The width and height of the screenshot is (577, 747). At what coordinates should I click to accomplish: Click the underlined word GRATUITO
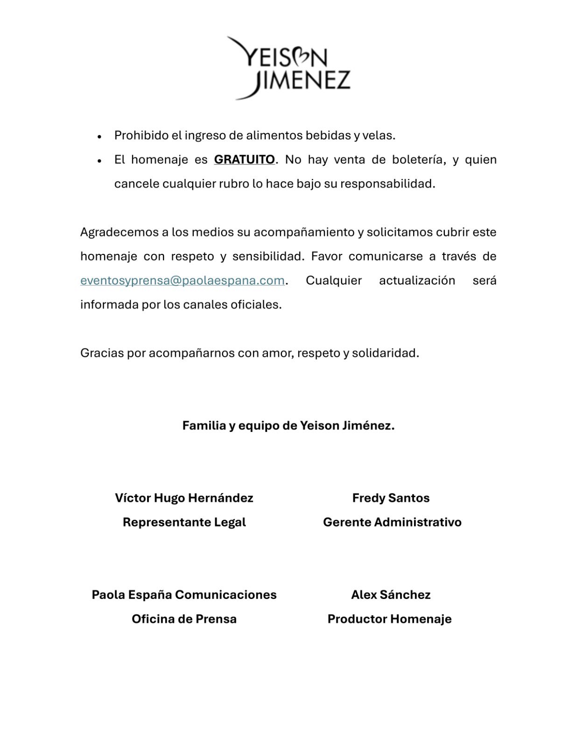[x=244, y=160]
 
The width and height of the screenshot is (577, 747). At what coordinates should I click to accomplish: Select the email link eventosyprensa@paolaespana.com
[x=182, y=281]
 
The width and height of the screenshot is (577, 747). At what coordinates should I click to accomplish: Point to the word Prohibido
[x=140, y=135]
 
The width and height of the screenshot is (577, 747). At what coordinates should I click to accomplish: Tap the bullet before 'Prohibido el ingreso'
[x=99, y=136]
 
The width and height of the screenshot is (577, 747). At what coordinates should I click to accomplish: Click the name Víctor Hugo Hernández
[x=184, y=498]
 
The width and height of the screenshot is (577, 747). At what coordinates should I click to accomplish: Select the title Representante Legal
[x=184, y=522]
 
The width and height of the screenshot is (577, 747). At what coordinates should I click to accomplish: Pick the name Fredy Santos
[x=391, y=498]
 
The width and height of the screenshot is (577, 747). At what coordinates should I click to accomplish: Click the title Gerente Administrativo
[x=392, y=522]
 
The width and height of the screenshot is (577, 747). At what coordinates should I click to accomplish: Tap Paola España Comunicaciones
[x=184, y=595]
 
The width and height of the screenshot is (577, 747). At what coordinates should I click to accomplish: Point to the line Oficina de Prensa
[x=184, y=619]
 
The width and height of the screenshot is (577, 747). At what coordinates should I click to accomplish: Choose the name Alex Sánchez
[x=391, y=595]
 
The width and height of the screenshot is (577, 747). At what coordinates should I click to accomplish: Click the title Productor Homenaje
[x=389, y=619]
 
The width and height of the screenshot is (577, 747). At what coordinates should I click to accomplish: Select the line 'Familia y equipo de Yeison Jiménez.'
[x=288, y=426]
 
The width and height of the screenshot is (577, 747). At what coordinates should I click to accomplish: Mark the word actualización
[x=417, y=281]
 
